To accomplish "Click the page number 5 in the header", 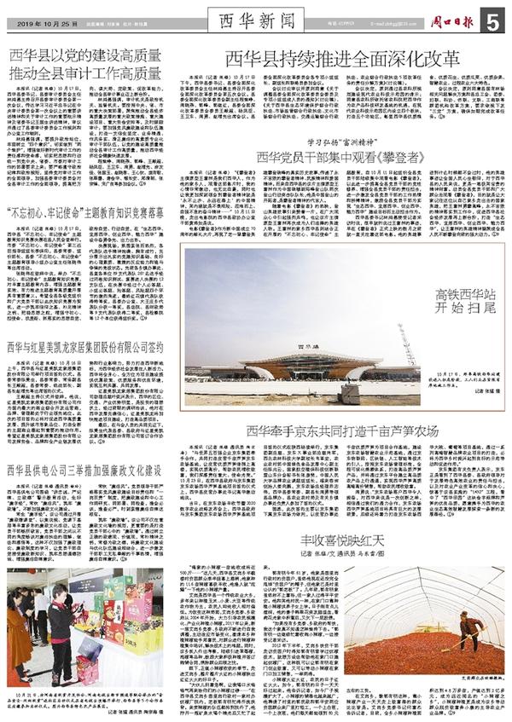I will click(x=497, y=20).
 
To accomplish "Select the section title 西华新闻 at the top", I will click(x=255, y=18).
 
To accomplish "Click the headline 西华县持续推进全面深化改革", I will click(x=342, y=58).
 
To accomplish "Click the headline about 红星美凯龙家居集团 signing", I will click(x=85, y=348).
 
